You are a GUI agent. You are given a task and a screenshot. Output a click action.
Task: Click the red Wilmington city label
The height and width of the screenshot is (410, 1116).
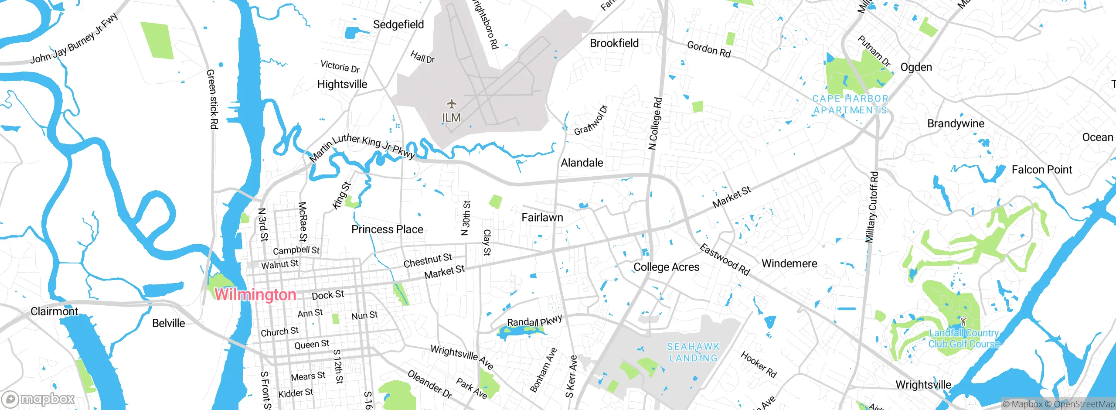255,294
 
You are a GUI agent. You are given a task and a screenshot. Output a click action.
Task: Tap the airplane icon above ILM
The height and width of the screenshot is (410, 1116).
452,104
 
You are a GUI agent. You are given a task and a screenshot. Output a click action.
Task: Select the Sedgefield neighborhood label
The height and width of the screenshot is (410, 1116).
398,24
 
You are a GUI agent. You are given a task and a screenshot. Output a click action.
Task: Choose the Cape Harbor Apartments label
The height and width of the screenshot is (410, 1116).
850,105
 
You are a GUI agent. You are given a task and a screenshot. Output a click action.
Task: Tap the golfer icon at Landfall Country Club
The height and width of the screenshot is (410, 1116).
963,321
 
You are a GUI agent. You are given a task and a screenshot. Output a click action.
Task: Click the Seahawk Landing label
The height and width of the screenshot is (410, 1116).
694,352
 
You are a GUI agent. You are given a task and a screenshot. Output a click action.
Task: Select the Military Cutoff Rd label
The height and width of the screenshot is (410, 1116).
871,207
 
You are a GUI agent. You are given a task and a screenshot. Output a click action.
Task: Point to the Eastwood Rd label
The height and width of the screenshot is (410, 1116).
724,260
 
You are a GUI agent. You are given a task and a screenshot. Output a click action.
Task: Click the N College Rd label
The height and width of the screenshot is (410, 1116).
655,123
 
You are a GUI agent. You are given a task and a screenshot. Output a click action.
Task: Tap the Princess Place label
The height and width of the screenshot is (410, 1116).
387,229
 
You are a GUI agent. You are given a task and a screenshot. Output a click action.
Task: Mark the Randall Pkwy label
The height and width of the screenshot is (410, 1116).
534,321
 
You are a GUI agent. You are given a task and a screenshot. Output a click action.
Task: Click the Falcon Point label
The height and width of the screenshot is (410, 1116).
1041,170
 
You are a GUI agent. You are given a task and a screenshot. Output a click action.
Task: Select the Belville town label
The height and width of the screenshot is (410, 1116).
168,323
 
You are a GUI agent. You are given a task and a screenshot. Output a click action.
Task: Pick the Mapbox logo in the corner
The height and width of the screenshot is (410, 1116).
38,399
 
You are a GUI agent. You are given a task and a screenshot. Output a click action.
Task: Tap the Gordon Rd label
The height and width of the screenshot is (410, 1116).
708,49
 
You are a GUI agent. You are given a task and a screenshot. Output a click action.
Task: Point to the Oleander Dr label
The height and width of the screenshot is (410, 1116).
429,384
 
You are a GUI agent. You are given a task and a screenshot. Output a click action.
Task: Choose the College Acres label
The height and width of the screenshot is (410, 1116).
666,267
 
